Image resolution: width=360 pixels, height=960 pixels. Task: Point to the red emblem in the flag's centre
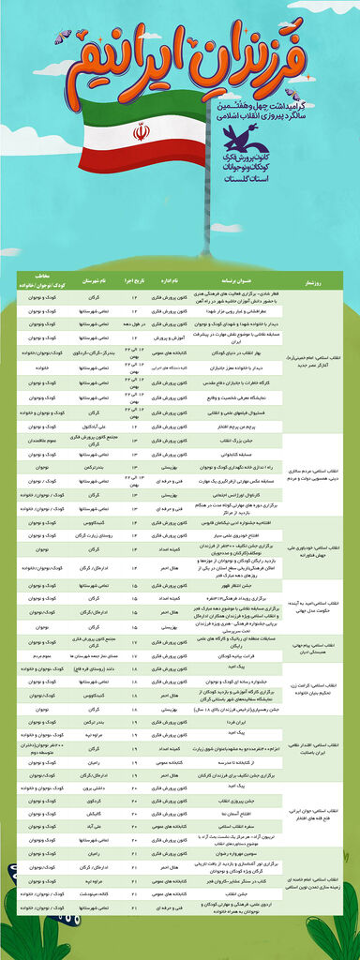coord(141,133)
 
